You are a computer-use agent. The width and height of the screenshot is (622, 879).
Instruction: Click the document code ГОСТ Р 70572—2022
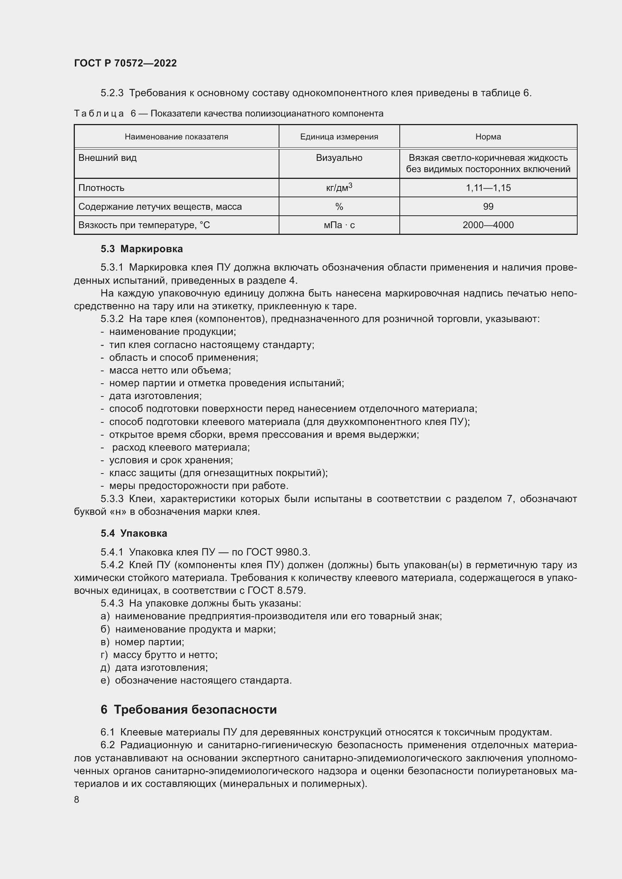point(125,63)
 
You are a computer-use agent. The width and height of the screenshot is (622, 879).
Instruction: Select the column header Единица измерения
point(339,137)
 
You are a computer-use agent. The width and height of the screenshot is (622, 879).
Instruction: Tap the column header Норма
point(488,137)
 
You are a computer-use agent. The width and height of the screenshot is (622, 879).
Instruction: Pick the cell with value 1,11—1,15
point(488,188)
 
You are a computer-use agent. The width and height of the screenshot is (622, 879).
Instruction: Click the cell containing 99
point(488,207)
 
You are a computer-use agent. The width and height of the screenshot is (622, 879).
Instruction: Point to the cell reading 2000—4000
point(488,225)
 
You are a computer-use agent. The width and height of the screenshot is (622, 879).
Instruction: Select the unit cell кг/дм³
point(339,188)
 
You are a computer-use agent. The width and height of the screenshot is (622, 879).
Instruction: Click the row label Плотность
point(102,188)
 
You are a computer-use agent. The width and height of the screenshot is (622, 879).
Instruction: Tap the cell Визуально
point(339,158)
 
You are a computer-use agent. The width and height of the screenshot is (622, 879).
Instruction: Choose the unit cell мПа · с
point(339,225)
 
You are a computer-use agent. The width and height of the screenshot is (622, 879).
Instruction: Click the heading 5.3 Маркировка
point(142,249)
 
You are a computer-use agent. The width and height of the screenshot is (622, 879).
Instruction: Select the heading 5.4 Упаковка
point(134,533)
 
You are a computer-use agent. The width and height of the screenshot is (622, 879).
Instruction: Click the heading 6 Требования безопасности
point(188,710)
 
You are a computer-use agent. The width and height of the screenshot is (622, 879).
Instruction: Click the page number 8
point(77,799)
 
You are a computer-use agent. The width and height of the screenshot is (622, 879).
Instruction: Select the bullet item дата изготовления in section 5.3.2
point(155,396)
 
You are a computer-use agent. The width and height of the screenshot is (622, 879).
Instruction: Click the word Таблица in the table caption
point(99,114)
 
